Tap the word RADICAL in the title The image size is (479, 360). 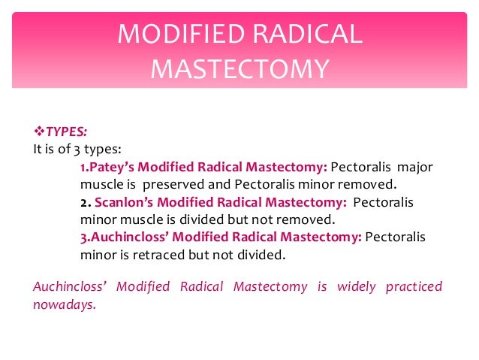[x=313, y=35]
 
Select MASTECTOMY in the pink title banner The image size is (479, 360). [x=239, y=69]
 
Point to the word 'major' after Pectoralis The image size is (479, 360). [x=415, y=167]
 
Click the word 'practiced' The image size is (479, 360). [x=414, y=287]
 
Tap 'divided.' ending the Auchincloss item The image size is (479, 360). [x=264, y=255]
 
